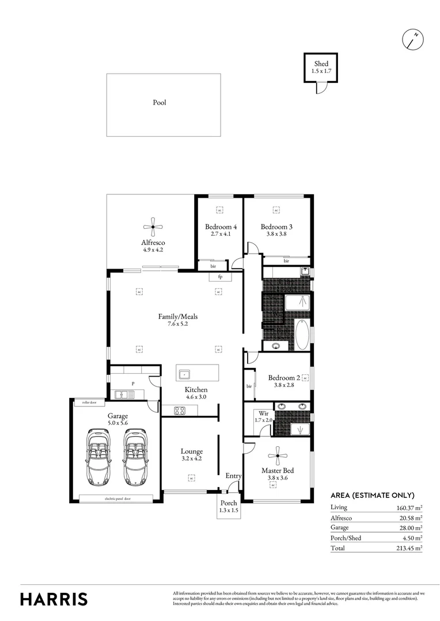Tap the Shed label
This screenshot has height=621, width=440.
point(321,63)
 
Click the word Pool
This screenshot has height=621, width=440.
point(160,103)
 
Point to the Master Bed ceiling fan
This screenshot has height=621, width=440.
point(278,456)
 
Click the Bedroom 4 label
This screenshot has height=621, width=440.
point(221,227)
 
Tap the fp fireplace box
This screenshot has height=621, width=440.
point(220,277)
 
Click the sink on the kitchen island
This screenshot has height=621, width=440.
point(185,374)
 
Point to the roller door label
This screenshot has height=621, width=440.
point(89,402)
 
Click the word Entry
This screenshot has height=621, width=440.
point(233,476)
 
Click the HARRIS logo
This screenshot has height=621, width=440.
point(54,599)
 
